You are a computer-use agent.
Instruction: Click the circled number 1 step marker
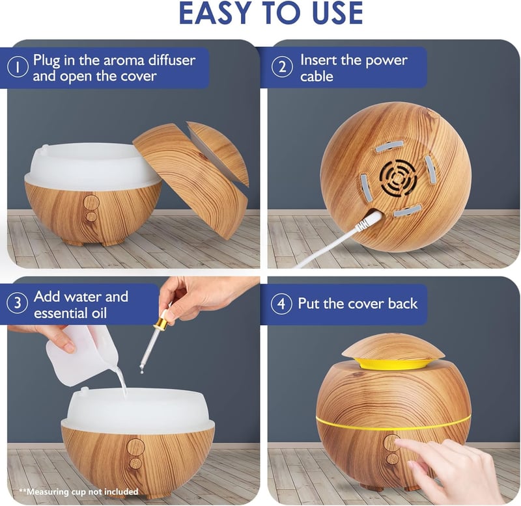coord(18,68)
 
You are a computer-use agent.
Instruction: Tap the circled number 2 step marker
coord(282,67)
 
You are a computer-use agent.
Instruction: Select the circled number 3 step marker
coord(18,303)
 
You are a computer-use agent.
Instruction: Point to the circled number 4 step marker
coord(281,304)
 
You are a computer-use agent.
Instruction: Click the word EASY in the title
coord(212,13)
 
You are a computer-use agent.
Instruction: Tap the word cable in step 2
coord(317,76)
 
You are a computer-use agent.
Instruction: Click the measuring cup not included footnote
coord(79,492)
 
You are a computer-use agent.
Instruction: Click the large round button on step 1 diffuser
coord(91,203)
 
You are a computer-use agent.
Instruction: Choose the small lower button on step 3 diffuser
coord(135,463)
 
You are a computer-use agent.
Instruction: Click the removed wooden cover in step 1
coord(190,179)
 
